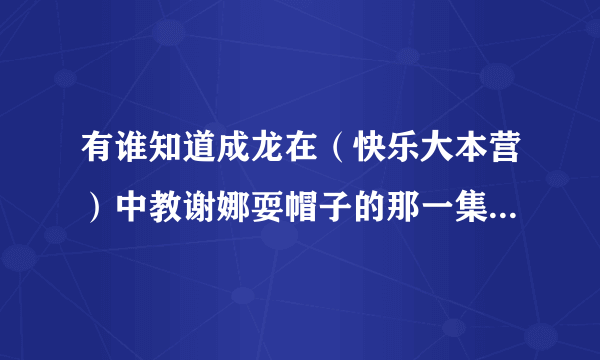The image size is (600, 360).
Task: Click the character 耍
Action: pos(269,205)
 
